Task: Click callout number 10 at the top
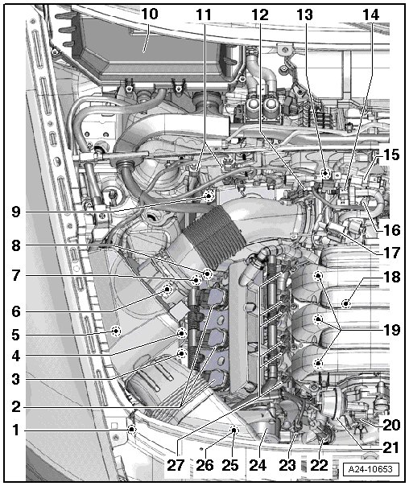point(150,14)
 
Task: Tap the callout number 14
point(371,14)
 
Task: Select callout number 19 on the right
point(392,330)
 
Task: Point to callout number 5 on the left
point(16,335)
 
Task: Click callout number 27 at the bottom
point(176,465)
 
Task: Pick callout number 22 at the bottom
point(319,465)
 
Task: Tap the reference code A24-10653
point(370,469)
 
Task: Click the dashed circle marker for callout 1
point(132,430)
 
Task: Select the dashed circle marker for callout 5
point(116,331)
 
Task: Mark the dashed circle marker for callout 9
point(209,196)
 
